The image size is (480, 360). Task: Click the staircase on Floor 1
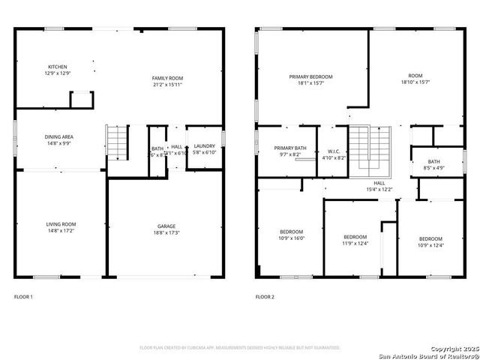[117, 142]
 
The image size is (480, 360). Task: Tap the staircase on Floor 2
[372, 148]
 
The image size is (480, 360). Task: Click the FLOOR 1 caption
[23, 297]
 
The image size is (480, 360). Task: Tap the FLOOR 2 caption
[265, 297]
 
